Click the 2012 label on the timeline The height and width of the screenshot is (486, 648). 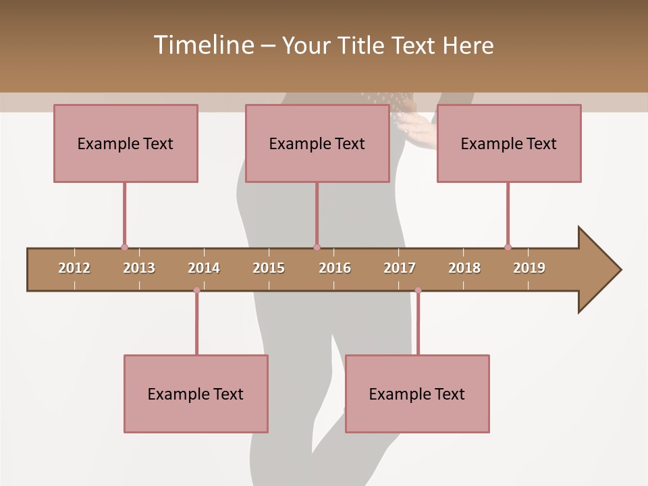click(74, 268)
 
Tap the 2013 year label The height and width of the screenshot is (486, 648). click(139, 268)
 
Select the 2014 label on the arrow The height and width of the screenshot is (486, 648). click(204, 268)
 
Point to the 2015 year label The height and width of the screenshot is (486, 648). click(269, 268)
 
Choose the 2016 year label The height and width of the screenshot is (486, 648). click(335, 268)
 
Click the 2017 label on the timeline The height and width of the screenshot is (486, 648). click(400, 268)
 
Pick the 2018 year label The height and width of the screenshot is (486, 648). click(464, 268)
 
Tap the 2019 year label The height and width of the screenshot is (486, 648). click(529, 268)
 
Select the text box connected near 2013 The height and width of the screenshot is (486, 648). click(126, 143)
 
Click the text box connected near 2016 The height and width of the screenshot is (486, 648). click(317, 143)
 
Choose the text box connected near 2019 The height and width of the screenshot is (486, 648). click(509, 143)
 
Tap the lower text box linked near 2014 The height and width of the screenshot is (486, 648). click(196, 394)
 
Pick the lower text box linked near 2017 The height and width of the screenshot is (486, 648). click(417, 394)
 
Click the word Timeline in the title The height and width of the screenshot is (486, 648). click(202, 45)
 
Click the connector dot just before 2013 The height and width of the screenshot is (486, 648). click(124, 247)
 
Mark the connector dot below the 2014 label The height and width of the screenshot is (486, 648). click(196, 290)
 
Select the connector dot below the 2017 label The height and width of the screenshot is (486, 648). click(418, 290)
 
